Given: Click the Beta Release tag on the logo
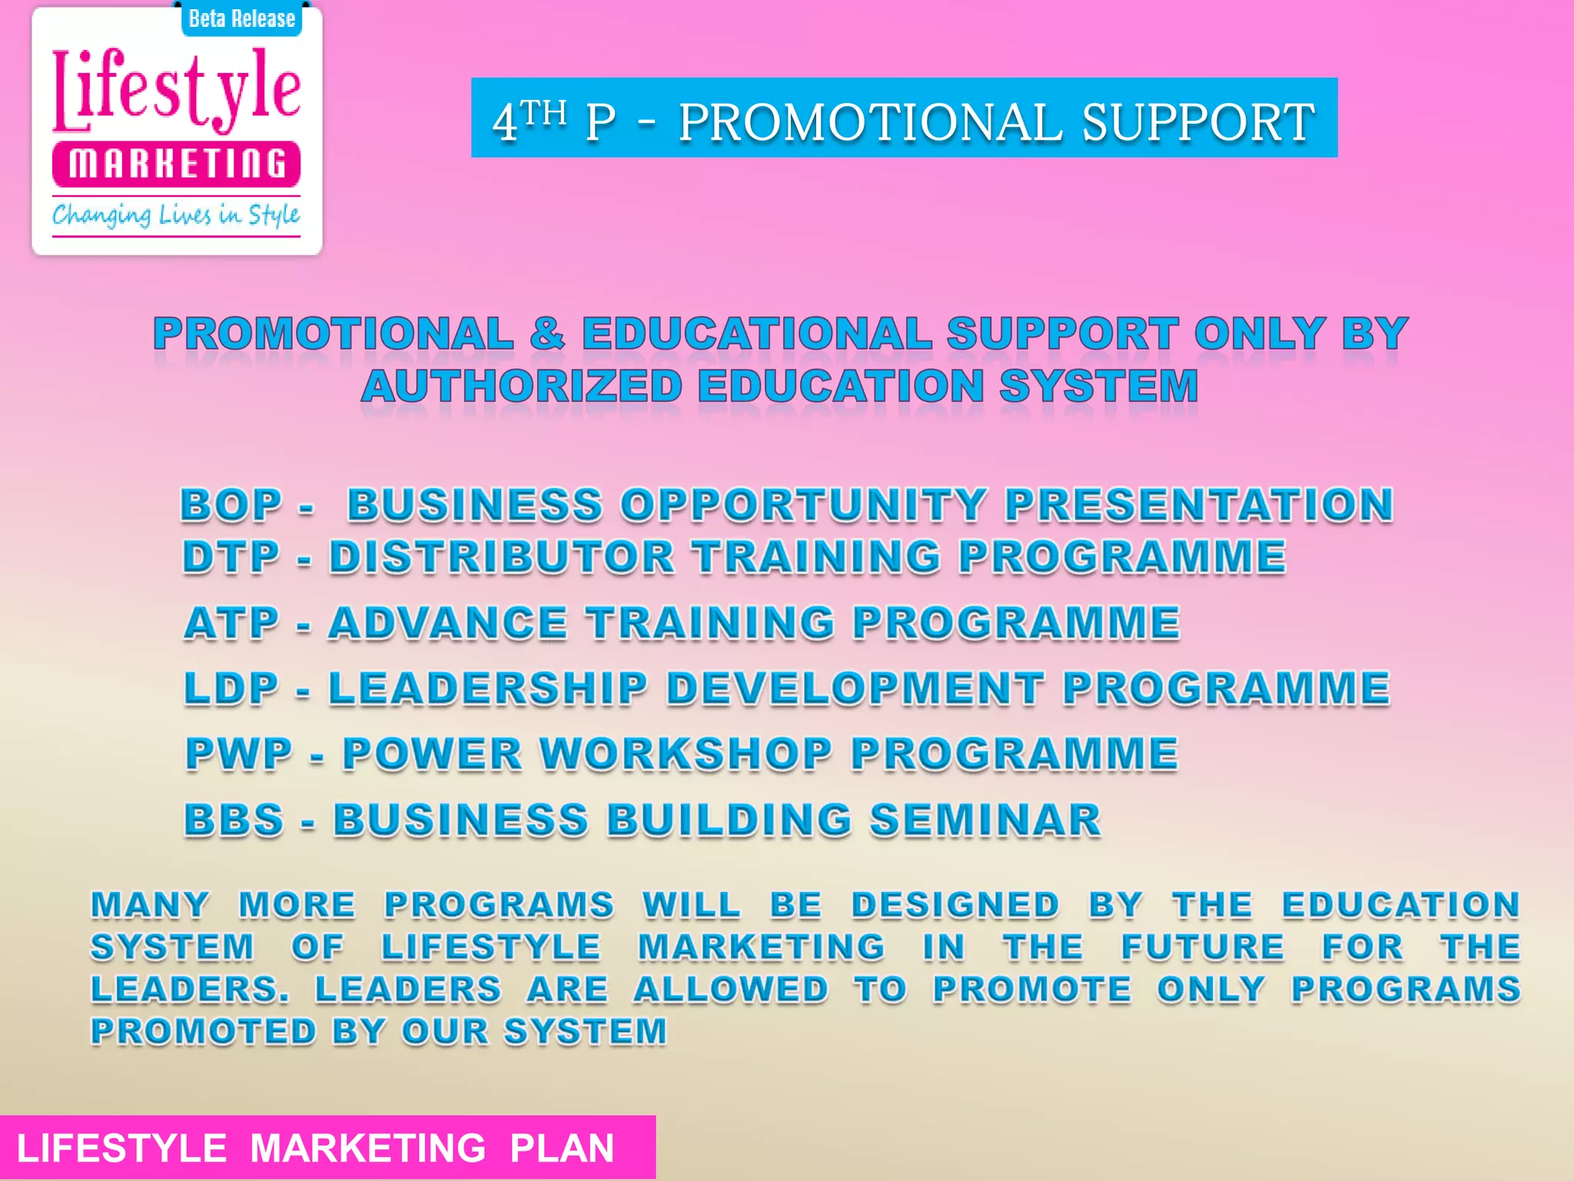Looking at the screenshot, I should click(x=241, y=18).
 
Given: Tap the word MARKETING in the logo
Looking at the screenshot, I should click(x=177, y=164).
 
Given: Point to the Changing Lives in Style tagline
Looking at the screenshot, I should click(x=176, y=215).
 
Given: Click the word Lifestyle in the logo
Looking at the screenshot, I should click(x=177, y=90).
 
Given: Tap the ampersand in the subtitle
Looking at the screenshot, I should click(x=547, y=334).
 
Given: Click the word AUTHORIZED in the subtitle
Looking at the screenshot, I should click(x=522, y=386).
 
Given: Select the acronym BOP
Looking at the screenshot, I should click(x=231, y=505).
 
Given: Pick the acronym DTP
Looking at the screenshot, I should click(x=231, y=557).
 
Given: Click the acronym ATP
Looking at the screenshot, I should click(x=231, y=623).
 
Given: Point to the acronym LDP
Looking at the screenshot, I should click(x=231, y=688).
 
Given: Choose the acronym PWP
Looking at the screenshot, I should click(x=239, y=754).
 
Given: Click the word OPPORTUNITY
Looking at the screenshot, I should click(x=803, y=505).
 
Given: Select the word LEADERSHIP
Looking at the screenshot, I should click(x=489, y=688).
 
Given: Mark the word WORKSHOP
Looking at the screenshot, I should click(x=686, y=754).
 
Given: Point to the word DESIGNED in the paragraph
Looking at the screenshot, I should click(x=955, y=905).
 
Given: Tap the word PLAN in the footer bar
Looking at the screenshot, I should click(x=562, y=1148).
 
